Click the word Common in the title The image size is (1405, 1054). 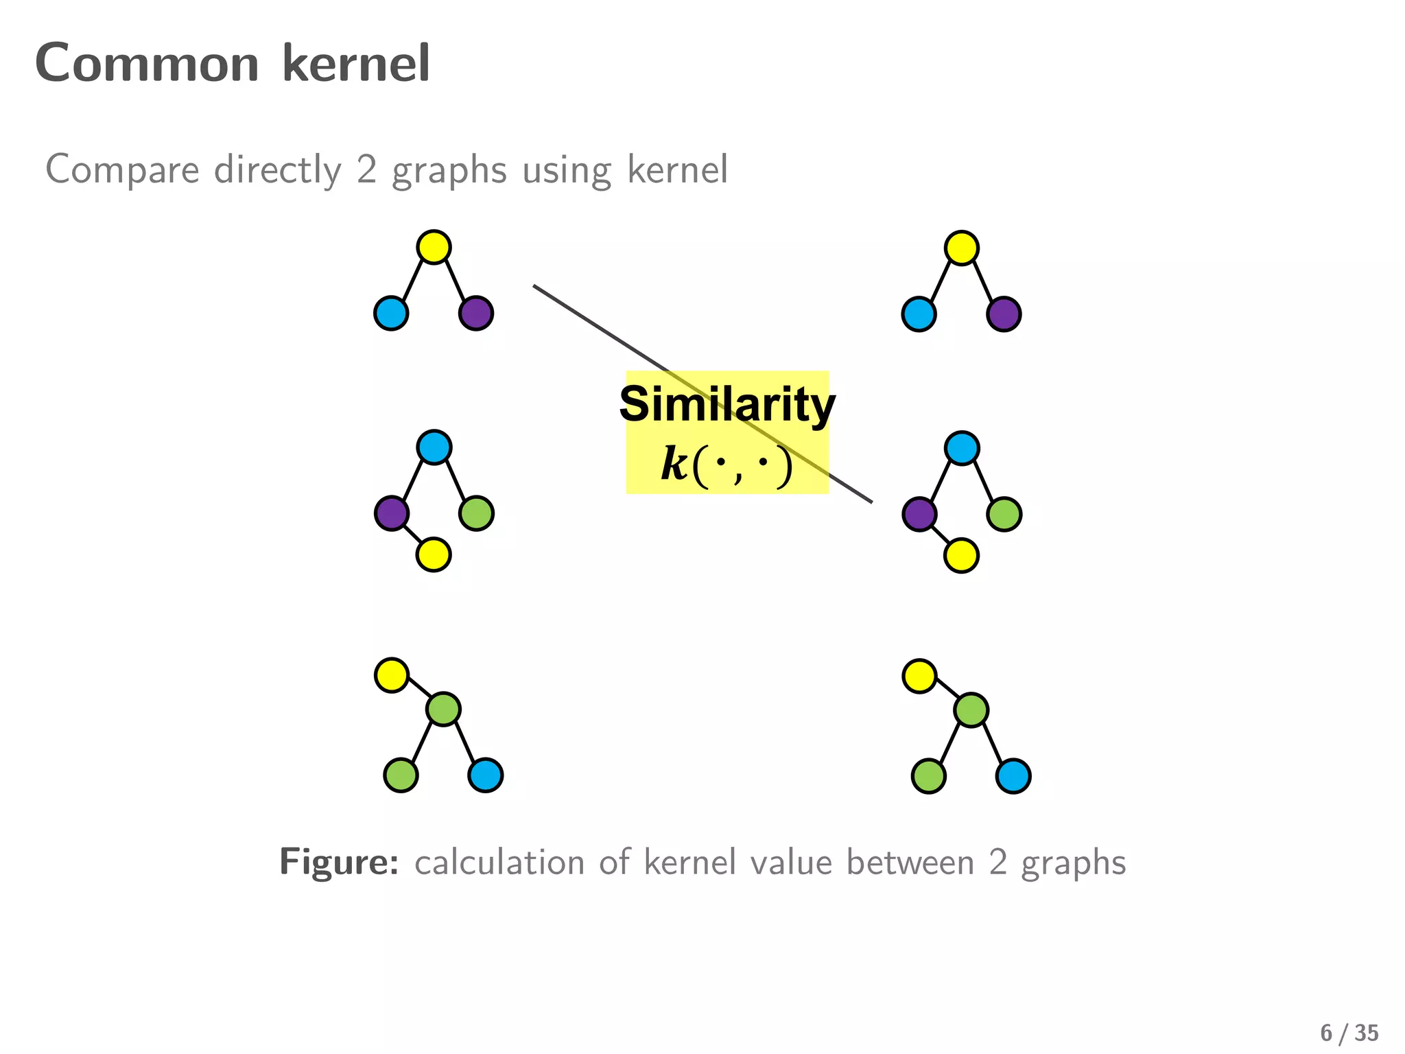(x=147, y=63)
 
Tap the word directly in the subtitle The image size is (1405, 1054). (x=277, y=169)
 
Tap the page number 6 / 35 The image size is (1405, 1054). (x=1349, y=1033)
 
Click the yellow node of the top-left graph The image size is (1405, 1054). (x=434, y=247)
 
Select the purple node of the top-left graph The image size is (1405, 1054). (x=476, y=314)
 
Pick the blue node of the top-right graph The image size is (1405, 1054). (x=919, y=314)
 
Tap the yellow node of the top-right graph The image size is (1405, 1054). (x=961, y=248)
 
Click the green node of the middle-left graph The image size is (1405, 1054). (x=476, y=513)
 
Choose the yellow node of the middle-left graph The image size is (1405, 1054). (x=434, y=554)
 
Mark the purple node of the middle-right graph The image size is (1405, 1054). (x=919, y=514)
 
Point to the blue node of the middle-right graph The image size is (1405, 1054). (x=962, y=448)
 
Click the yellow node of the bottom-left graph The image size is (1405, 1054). (x=392, y=675)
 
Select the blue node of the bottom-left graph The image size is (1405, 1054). (x=486, y=775)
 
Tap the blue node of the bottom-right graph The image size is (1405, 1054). (x=1013, y=776)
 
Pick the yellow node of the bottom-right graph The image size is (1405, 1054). (x=919, y=676)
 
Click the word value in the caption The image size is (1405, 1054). (x=791, y=862)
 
